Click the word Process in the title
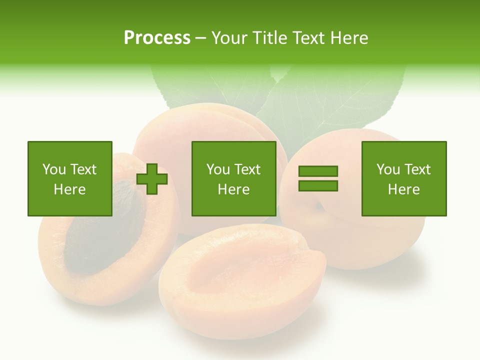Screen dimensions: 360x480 point(157,38)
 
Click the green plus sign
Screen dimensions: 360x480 point(152,178)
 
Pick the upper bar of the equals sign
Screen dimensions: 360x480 point(318,171)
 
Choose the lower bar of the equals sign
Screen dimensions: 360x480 point(318,185)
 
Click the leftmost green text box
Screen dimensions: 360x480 point(70,178)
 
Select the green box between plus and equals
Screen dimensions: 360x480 point(234,178)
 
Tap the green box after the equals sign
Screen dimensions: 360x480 point(404,178)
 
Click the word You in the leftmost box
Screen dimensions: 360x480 point(54,169)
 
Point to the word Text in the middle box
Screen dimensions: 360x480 point(247,169)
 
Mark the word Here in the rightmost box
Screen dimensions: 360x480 point(404,189)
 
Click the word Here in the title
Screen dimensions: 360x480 point(348,38)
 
